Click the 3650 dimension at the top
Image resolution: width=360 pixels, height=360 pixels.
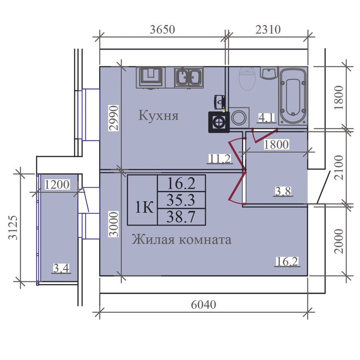pos(162,30)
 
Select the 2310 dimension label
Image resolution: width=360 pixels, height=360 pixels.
pos(268,30)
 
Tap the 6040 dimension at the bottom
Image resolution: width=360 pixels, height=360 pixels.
pos(204,305)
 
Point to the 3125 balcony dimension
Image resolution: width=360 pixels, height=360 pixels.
pos(13,227)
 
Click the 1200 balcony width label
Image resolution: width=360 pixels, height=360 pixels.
pos(57,184)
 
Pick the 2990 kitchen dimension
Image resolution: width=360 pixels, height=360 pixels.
pos(114,118)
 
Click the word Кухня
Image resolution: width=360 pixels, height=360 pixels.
pos(158,116)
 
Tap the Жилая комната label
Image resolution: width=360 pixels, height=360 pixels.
pos(182,240)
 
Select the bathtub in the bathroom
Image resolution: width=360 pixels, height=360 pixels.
pos(293,96)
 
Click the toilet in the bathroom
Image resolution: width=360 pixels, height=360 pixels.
pos(247,78)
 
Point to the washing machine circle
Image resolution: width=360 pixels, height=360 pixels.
pos(239,118)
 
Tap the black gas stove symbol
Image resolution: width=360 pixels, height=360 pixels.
pos(219,122)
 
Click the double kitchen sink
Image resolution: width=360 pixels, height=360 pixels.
pos(189,78)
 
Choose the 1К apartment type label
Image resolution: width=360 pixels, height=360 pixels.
pos(144,207)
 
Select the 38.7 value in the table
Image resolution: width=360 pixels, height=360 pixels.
pos(181,217)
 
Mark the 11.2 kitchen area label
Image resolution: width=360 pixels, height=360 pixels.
pos(220,159)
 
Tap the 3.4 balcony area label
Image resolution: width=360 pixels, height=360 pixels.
pos(61,268)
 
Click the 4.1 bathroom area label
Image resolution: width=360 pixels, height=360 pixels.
pos(266,118)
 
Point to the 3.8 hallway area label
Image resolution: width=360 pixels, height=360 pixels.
pos(283,191)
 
